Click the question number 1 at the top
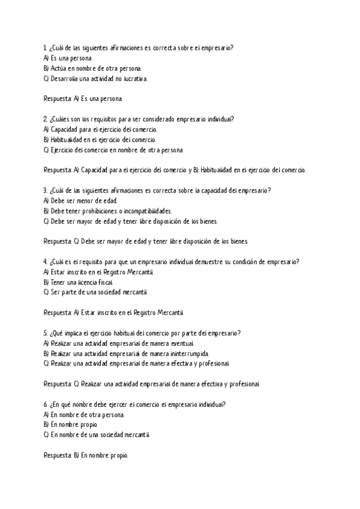46,47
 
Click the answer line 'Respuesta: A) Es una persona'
83,98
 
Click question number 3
46,190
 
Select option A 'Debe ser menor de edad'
81,200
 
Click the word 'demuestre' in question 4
208,262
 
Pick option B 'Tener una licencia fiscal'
78,282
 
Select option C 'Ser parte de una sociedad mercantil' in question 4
95,292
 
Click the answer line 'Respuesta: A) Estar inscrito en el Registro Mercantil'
115,313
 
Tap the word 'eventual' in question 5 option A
181,343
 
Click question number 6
46,405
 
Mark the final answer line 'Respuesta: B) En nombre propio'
86,456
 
